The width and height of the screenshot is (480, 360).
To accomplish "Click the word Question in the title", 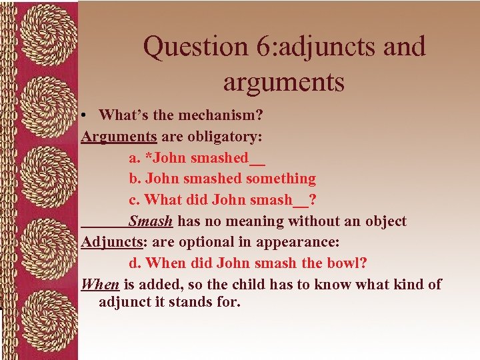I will [187, 47].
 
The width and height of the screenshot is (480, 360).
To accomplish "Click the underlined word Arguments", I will [119, 136].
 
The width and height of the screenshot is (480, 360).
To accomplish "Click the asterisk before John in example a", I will [148, 157].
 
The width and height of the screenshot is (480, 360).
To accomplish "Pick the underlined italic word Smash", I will [151, 221].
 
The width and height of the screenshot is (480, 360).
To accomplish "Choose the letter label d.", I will [134, 263].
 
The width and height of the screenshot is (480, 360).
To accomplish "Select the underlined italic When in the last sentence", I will [100, 285].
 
